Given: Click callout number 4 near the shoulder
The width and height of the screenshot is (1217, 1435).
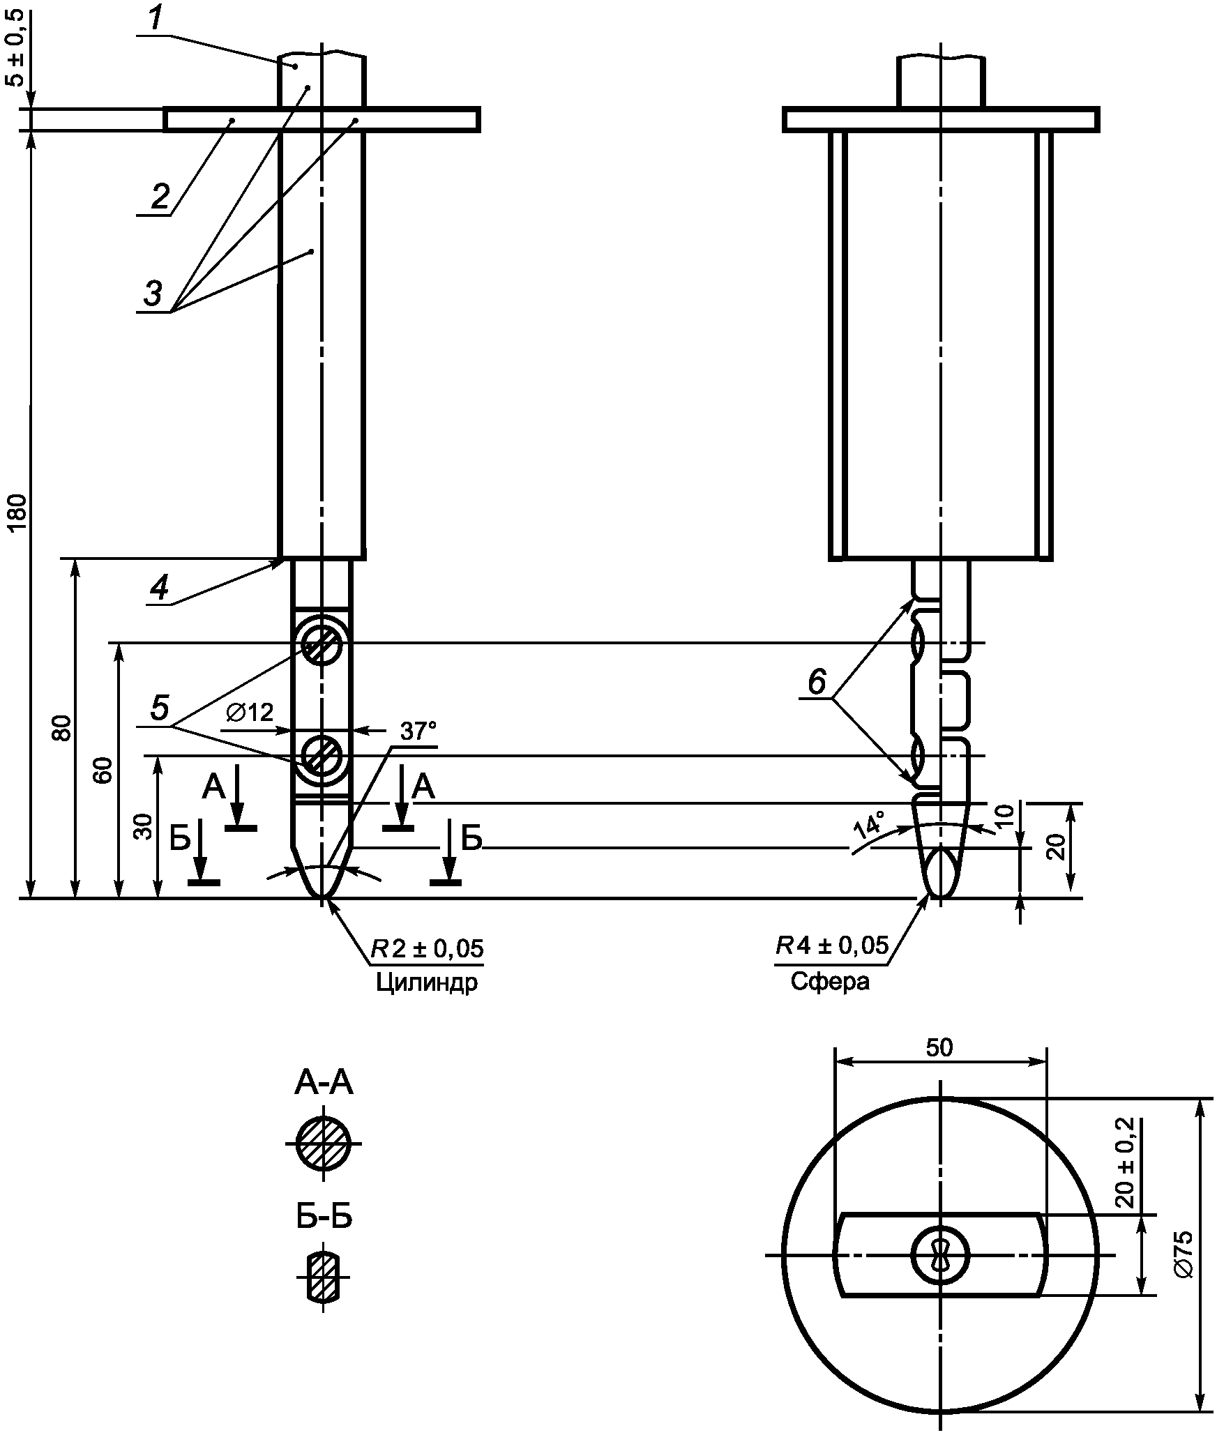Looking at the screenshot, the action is tap(159, 589).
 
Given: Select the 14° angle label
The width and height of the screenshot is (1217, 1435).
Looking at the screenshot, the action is tap(869, 826).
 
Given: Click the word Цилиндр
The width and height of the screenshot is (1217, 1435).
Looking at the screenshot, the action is tap(427, 982).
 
